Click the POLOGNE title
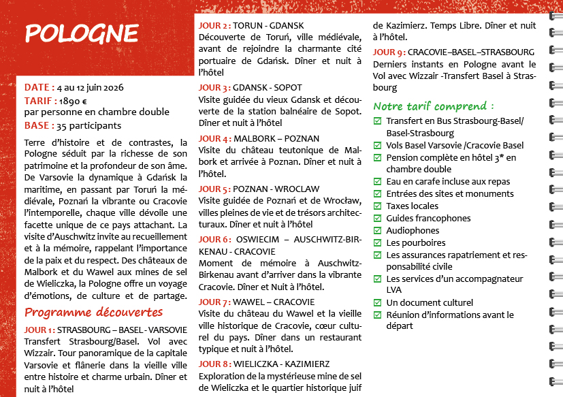(x=81, y=33)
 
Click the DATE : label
(x=39, y=87)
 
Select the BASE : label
(x=39, y=125)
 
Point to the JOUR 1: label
(x=39, y=330)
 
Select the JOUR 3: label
(x=214, y=88)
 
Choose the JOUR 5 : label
(x=214, y=189)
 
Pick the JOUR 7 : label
(x=214, y=302)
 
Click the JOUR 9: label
(x=389, y=52)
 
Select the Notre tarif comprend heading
(x=434, y=106)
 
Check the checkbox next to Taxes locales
(x=378, y=206)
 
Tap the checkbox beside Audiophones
(x=378, y=231)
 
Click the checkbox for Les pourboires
(x=378, y=243)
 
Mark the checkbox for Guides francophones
(x=378, y=219)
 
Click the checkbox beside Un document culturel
(x=378, y=303)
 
